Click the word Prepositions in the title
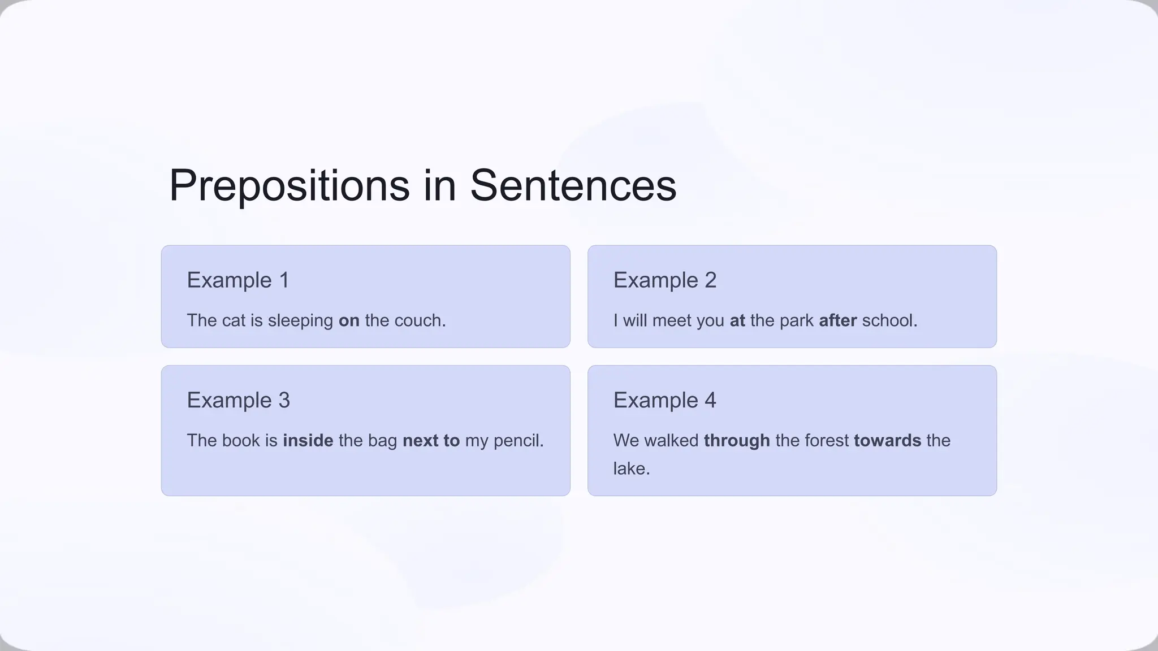289,186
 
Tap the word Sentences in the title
573,186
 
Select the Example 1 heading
238,280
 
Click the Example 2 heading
665,280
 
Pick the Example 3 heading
238,400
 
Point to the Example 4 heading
665,400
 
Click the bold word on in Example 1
349,320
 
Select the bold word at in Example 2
737,320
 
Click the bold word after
837,320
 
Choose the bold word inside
308,440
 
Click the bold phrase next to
431,440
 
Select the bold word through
737,440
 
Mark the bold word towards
887,440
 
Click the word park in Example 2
796,320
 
